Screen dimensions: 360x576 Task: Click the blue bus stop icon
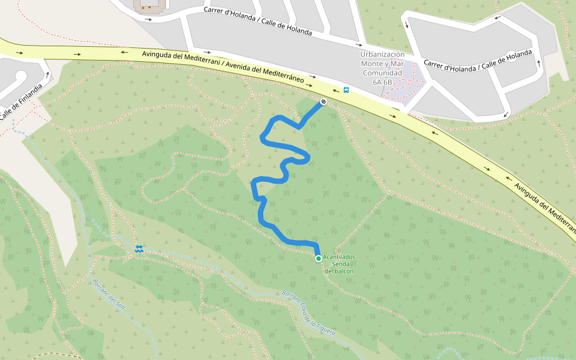tap(346, 91)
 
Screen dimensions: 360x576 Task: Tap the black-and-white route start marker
tap(323, 102)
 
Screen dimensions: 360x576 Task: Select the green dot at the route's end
tap(318, 258)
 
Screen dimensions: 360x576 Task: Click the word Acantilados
tap(339, 257)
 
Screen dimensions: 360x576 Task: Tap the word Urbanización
tap(382, 54)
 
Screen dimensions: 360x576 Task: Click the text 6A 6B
tap(382, 82)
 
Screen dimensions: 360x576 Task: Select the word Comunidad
tap(382, 73)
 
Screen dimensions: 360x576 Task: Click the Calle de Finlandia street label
tap(22, 102)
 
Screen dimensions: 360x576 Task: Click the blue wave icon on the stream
tap(139, 248)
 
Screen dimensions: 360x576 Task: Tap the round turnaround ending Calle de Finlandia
tap(21, 76)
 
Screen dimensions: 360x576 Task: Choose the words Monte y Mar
tap(382, 64)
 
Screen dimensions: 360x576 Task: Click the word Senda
tap(340, 264)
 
